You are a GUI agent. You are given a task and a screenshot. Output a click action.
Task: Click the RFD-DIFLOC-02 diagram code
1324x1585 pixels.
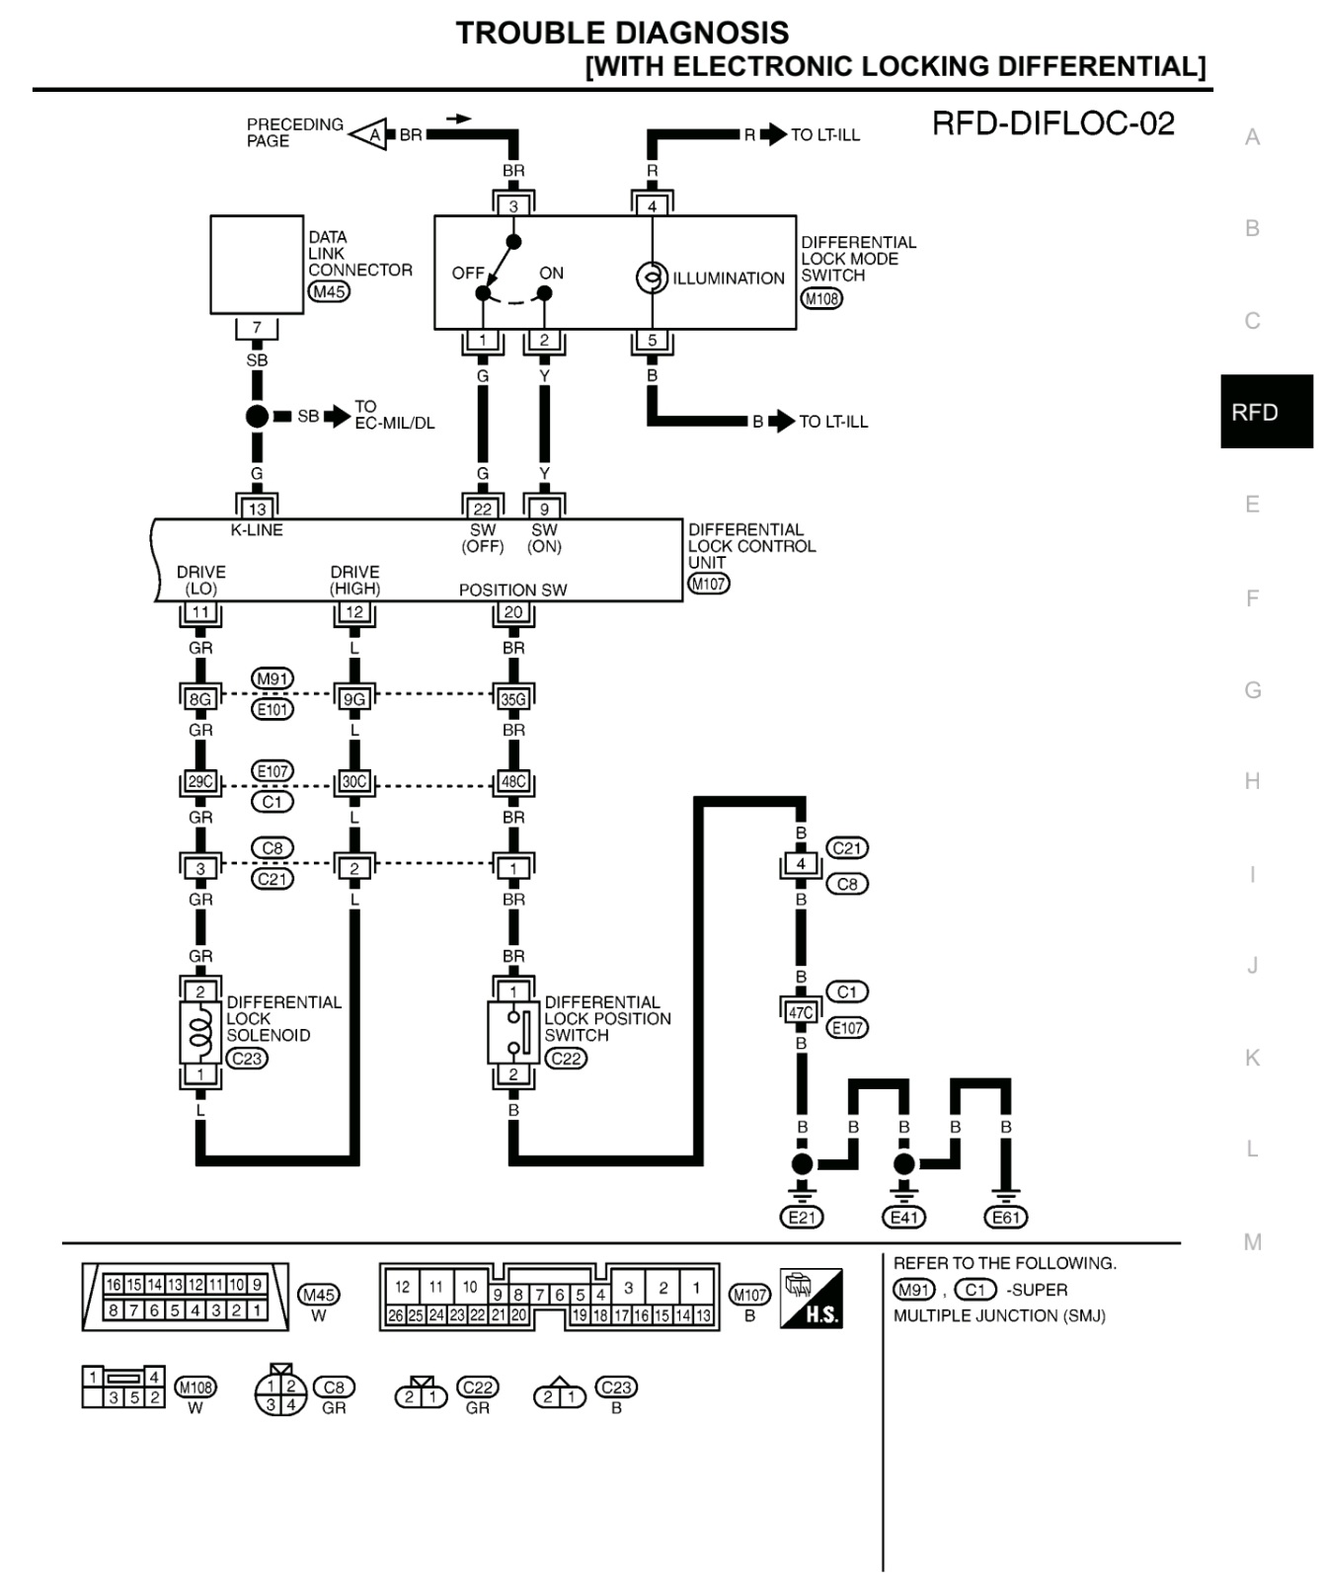click(x=1053, y=123)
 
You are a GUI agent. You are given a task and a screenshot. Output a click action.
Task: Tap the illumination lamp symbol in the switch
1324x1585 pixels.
click(x=652, y=278)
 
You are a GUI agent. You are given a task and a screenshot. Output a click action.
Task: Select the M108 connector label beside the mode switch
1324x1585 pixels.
click(x=821, y=298)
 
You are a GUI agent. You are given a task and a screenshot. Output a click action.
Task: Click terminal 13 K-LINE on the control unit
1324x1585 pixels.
click(x=257, y=509)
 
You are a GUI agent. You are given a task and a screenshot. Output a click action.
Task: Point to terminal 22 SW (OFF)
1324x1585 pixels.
click(x=483, y=509)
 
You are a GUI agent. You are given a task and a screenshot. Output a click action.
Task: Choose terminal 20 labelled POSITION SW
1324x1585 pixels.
click(x=513, y=612)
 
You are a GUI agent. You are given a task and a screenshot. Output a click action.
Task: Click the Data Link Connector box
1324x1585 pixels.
click(x=257, y=265)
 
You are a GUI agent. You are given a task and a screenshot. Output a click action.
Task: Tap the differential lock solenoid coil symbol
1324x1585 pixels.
click(x=200, y=1033)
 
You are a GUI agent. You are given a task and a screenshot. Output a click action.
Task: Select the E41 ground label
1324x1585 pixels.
click(x=904, y=1218)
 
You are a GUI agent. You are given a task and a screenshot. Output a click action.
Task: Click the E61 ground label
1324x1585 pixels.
click(x=1006, y=1218)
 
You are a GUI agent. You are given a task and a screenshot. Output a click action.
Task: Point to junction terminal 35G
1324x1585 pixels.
click(x=513, y=699)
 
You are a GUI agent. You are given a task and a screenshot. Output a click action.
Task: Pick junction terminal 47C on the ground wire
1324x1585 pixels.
click(x=801, y=1012)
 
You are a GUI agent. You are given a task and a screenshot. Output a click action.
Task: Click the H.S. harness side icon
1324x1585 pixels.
click(x=812, y=1298)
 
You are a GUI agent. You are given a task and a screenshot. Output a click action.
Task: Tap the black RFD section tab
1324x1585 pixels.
click(x=1267, y=412)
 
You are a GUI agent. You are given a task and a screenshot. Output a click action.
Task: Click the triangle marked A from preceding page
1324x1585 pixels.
click(x=368, y=134)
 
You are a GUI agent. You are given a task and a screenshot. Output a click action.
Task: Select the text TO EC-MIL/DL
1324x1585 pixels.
click(x=395, y=415)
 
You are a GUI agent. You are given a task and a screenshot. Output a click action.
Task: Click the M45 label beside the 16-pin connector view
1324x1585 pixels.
click(x=318, y=1295)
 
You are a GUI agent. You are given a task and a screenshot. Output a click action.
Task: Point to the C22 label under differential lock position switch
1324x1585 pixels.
click(x=566, y=1059)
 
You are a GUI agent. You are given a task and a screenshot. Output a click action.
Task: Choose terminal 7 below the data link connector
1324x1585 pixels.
click(x=257, y=328)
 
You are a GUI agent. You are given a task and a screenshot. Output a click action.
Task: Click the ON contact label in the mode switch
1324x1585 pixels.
click(x=552, y=274)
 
